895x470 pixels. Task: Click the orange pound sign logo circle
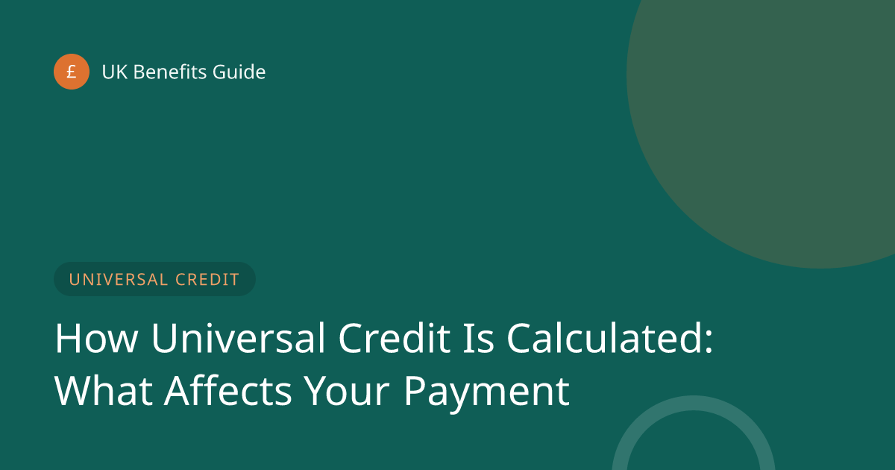(x=72, y=72)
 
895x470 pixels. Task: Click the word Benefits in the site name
(x=170, y=72)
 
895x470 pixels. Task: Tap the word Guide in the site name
(x=239, y=72)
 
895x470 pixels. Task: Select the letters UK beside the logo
(x=115, y=72)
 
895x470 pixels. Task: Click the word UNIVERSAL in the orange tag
(x=119, y=279)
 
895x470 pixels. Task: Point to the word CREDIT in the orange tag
(x=207, y=279)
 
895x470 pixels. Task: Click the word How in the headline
(x=97, y=338)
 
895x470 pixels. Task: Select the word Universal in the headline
(x=238, y=338)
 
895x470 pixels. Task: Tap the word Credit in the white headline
(x=395, y=338)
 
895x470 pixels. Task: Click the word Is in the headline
(x=479, y=338)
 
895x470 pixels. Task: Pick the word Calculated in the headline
(x=604, y=338)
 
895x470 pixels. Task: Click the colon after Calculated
(x=709, y=341)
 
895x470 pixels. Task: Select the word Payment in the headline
(x=486, y=393)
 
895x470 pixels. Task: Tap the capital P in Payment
(x=415, y=390)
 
